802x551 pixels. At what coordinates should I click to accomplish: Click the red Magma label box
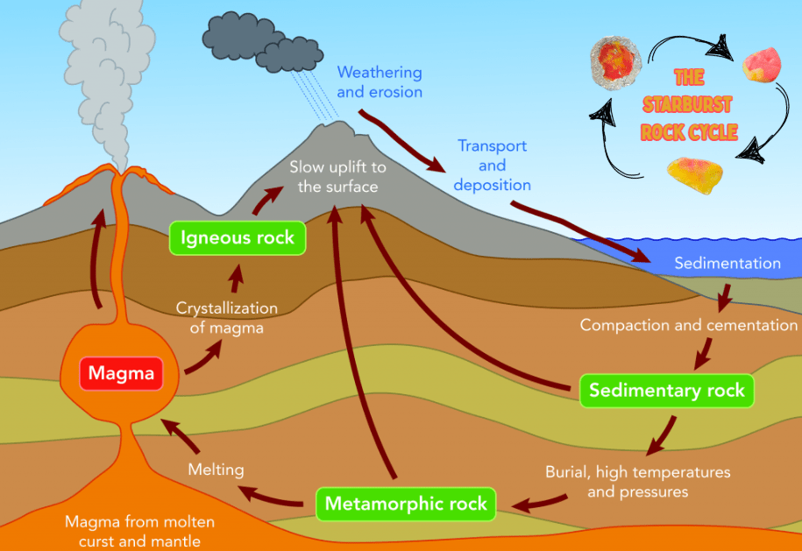(120, 374)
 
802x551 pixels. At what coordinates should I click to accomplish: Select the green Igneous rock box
(238, 237)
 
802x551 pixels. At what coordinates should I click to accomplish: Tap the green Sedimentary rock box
(666, 390)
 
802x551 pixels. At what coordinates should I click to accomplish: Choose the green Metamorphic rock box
(405, 504)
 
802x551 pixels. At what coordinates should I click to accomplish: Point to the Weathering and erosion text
(380, 81)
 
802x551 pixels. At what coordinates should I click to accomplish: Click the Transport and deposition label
(492, 165)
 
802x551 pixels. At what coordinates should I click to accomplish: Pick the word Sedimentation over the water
(727, 263)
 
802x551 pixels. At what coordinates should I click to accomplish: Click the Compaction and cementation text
(689, 325)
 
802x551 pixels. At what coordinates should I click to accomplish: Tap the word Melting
(216, 470)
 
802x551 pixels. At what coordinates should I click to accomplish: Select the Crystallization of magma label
(226, 318)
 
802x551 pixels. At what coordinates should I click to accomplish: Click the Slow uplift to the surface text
(337, 176)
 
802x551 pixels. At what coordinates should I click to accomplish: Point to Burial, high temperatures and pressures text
(637, 482)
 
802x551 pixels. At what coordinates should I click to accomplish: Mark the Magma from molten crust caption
(140, 531)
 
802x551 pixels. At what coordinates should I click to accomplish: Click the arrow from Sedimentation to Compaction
(723, 297)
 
